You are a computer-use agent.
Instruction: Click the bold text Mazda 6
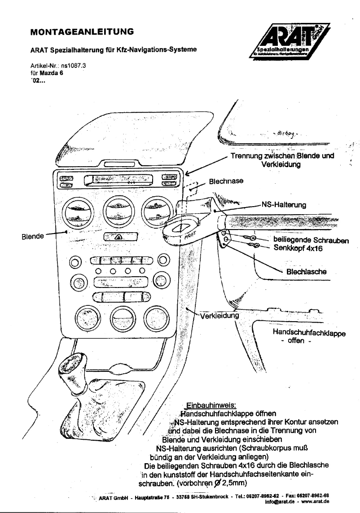click(x=52, y=71)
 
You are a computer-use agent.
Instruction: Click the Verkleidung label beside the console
click(x=219, y=315)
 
